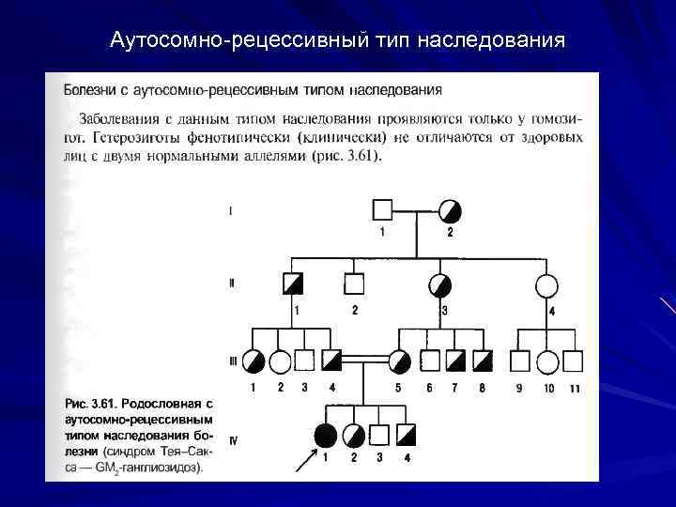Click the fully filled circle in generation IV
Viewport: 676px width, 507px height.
tap(325, 435)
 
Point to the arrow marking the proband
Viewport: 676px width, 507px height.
tap(305, 459)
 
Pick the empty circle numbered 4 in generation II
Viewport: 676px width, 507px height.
tap(545, 284)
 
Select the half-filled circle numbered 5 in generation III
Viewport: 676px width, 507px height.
tap(399, 361)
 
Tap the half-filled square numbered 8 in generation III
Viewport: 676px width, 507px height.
tap(483, 361)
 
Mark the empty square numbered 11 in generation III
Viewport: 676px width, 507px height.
tap(573, 361)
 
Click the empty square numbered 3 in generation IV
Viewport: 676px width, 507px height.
tap(379, 435)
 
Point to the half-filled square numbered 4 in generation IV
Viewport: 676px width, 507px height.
tap(406, 435)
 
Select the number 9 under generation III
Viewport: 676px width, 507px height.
tap(519, 387)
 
